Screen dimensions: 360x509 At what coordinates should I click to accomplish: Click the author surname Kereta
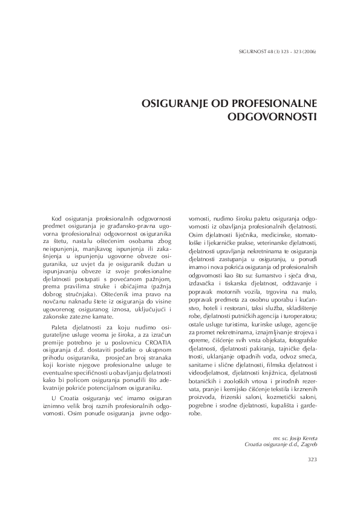[x=307, y=436]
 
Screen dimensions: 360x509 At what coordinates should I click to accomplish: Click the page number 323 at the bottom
[x=312, y=459]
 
